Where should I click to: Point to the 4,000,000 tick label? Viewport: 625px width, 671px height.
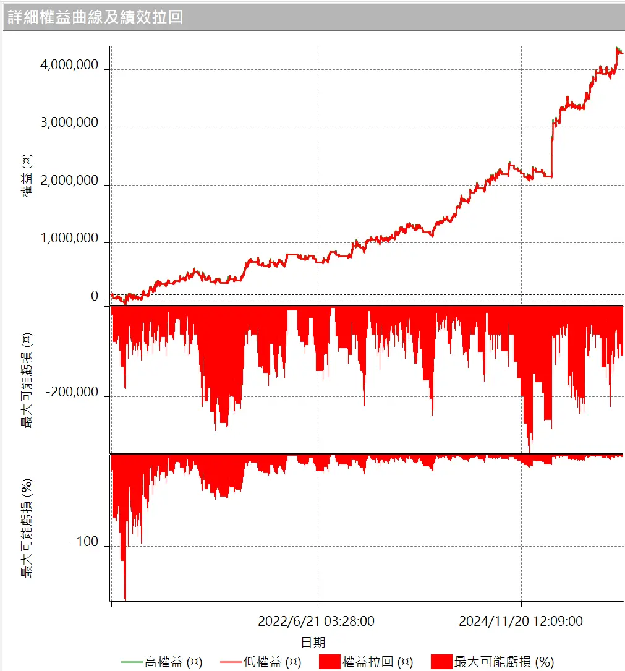(69, 65)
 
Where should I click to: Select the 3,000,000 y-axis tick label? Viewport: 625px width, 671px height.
(69, 122)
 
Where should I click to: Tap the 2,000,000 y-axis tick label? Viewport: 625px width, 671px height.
(69, 181)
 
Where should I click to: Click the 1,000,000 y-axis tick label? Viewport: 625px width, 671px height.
(69, 238)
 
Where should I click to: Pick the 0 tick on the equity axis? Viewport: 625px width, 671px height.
(95, 296)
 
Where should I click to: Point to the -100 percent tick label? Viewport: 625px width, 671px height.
(85, 542)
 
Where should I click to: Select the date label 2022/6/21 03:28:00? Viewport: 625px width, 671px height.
(316, 621)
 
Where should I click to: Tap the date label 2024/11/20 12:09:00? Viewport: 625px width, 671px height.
(521, 621)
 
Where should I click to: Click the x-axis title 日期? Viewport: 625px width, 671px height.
(313, 642)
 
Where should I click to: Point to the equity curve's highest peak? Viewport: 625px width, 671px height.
(617, 48)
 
